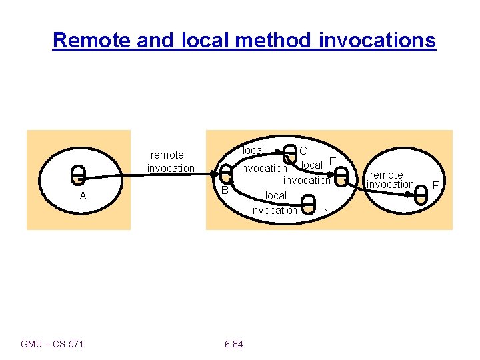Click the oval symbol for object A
[79, 175]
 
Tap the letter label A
[83, 196]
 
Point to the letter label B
[225, 191]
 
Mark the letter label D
[323, 213]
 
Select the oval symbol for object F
[421, 194]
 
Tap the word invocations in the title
[377, 41]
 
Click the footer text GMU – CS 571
[53, 344]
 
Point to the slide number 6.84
[234, 344]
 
